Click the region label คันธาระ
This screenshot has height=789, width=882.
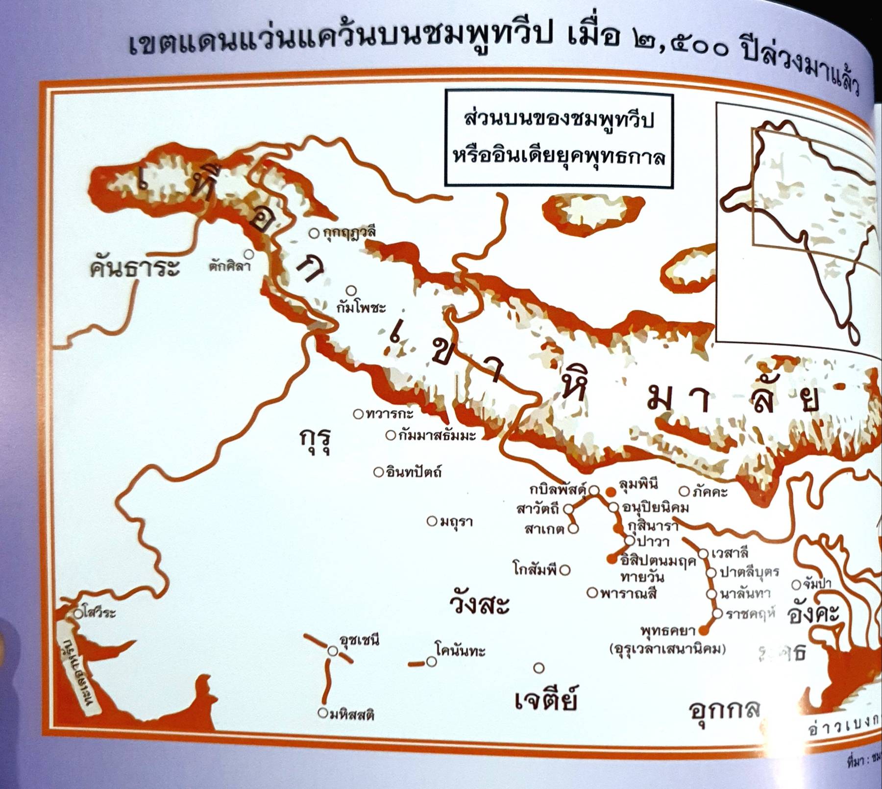[134, 268]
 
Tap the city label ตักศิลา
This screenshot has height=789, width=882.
[229, 267]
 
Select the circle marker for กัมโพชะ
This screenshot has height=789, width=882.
[351, 291]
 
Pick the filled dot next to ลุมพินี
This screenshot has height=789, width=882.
[611, 492]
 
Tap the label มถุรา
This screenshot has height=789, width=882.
[456, 521]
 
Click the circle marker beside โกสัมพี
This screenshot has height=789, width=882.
[565, 570]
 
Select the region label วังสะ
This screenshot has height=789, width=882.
[479, 604]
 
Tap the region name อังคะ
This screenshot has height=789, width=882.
[813, 614]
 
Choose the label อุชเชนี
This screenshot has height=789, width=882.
[359, 640]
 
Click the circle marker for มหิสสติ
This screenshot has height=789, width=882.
[322, 713]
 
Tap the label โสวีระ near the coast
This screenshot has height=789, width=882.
[99, 613]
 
